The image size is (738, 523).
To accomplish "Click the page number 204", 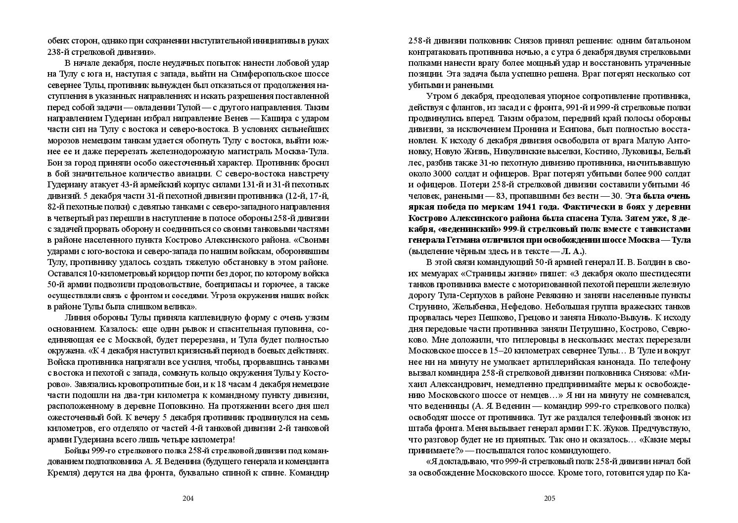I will tap(188, 498).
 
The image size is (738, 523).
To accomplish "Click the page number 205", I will tap(550, 498).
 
